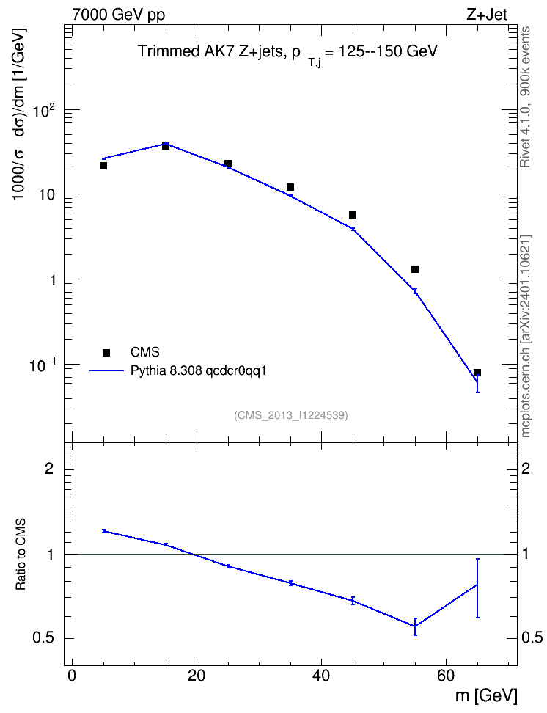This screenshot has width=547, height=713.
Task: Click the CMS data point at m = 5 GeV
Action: point(103,166)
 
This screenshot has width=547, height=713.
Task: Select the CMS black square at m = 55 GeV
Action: point(415,269)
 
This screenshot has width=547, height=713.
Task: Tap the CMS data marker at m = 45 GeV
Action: point(353,215)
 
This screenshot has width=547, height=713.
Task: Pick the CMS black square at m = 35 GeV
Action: point(290,187)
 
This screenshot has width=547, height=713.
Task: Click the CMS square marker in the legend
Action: point(106,352)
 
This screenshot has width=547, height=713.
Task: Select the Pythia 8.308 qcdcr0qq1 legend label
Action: point(198,370)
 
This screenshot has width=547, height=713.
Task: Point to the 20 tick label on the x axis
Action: point(197,676)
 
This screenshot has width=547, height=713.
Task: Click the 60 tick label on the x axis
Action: point(446,676)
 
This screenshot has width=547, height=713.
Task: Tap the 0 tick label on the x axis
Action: point(72,676)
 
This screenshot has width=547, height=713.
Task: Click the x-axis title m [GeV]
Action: point(486,695)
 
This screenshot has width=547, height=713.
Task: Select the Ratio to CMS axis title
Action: point(21,555)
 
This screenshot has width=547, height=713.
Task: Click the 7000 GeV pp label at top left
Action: point(118,15)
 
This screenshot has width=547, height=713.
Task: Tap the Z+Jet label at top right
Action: point(487,15)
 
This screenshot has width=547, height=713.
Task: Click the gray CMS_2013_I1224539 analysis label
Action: point(291,415)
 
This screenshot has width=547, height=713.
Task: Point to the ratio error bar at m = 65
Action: point(477,588)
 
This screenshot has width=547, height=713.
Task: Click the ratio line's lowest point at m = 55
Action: point(415,626)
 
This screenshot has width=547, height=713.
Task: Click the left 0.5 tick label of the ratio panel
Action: point(43,638)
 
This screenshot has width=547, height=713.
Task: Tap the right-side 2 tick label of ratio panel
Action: point(526,468)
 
